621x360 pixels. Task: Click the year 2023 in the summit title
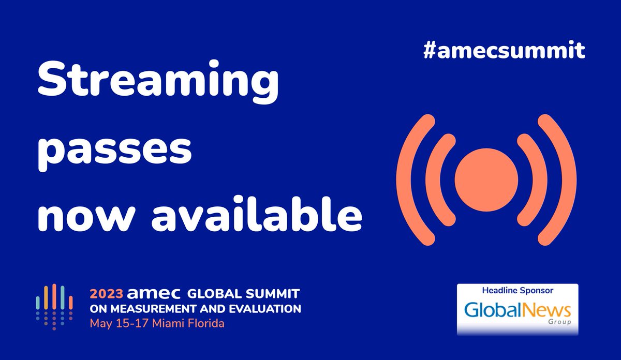(107, 294)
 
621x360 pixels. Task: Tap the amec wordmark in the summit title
(154, 294)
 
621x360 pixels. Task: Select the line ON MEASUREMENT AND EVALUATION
(195, 309)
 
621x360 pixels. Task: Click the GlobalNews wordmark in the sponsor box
(518, 310)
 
